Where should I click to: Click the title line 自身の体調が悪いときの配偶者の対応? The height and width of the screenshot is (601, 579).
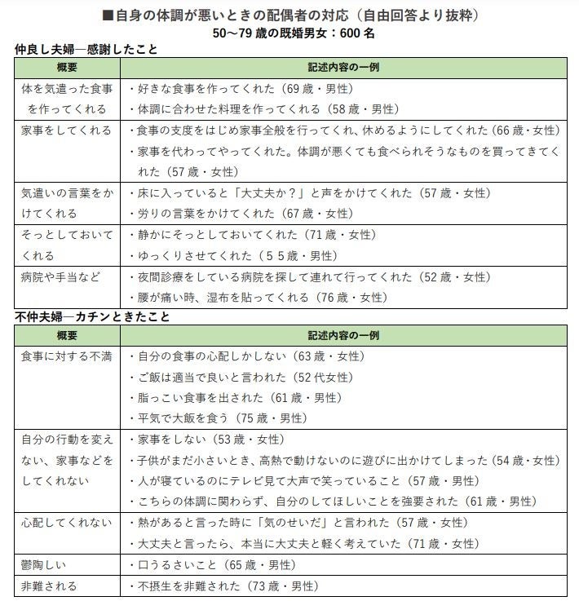pyautogui.click(x=290, y=15)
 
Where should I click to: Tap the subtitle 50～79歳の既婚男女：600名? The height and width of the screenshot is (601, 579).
pyautogui.click(x=290, y=33)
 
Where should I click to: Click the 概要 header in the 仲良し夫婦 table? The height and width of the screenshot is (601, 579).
pyautogui.click(x=67, y=67)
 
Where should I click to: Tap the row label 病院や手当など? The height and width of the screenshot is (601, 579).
pyautogui.click(x=62, y=277)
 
